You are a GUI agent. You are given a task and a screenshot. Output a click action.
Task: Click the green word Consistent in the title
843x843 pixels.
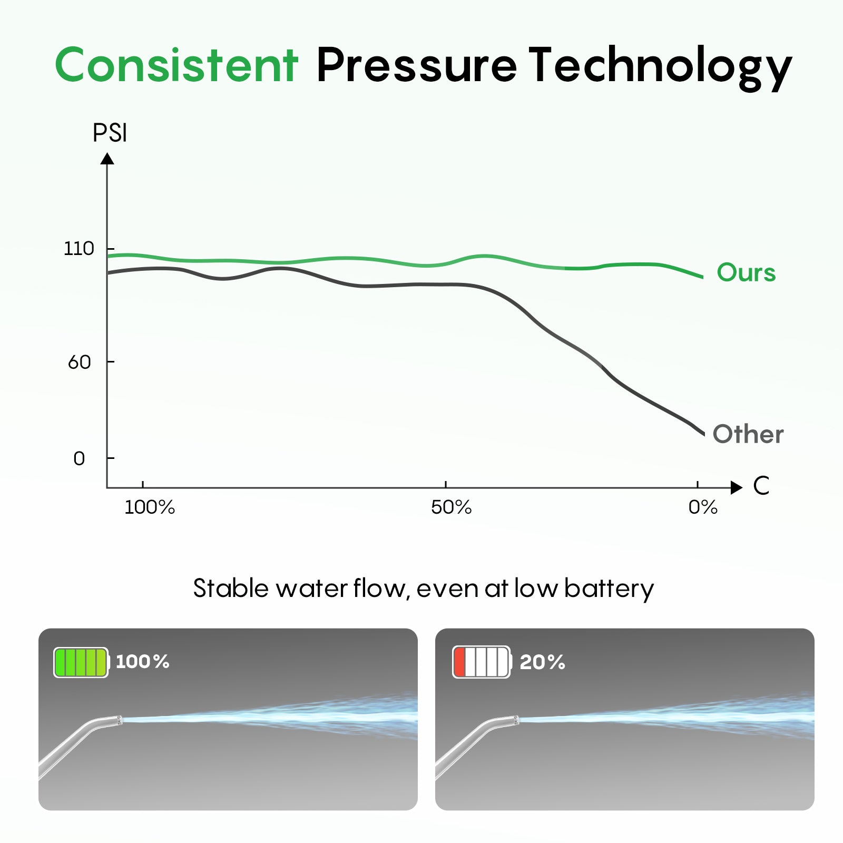click(x=177, y=65)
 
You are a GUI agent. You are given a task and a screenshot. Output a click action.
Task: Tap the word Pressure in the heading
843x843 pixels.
click(x=416, y=65)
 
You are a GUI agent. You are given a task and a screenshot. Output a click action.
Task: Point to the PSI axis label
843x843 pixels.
click(x=110, y=133)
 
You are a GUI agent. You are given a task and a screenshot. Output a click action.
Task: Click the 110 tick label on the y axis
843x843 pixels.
click(x=79, y=248)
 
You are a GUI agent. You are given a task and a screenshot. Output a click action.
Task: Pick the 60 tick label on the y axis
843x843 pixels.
click(x=80, y=362)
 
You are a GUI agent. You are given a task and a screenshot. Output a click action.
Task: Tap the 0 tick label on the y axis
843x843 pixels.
click(x=79, y=459)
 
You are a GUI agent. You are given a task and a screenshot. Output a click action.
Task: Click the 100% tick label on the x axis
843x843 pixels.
click(x=150, y=507)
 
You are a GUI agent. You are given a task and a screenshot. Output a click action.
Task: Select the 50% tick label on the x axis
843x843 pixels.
click(x=451, y=507)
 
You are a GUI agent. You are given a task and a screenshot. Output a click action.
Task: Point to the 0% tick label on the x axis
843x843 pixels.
click(x=703, y=507)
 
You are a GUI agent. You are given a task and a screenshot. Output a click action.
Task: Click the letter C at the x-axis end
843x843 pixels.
click(x=761, y=486)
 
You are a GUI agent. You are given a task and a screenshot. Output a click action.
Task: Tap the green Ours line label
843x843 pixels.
click(x=746, y=273)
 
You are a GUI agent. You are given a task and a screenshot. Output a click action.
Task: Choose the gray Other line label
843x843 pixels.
click(x=748, y=434)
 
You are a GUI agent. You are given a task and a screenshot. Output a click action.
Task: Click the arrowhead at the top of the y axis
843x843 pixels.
click(x=107, y=159)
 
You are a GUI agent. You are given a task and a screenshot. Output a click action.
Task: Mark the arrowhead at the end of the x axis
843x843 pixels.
click(x=737, y=487)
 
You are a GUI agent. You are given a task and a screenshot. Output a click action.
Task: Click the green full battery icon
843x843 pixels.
click(x=81, y=662)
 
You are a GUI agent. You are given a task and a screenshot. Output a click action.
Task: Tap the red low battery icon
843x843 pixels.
click(x=482, y=662)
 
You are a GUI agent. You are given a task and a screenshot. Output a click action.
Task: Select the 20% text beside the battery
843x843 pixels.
click(x=542, y=662)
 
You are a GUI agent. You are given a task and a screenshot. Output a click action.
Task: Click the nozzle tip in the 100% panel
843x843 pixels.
click(x=119, y=720)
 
